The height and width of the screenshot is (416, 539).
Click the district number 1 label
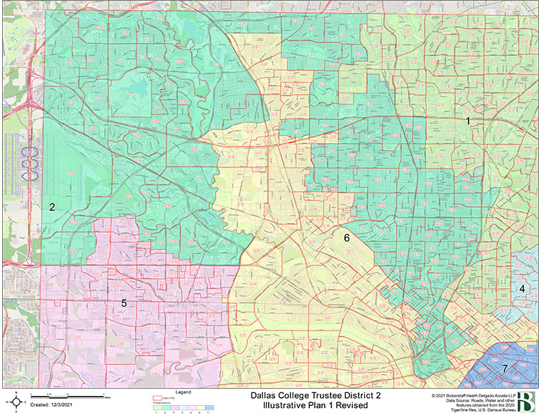[468, 121]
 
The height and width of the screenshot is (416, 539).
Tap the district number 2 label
[52, 207]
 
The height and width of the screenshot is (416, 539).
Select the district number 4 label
[522, 289]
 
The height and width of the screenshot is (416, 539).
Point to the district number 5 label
[124, 303]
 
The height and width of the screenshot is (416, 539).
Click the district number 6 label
[346, 237]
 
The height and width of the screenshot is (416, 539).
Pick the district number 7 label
[505, 369]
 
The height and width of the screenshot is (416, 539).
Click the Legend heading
[184, 392]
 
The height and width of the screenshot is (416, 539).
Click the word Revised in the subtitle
[351, 406]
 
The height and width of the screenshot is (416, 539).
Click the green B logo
[528, 402]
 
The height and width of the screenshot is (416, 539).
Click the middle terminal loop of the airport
[31, 164]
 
